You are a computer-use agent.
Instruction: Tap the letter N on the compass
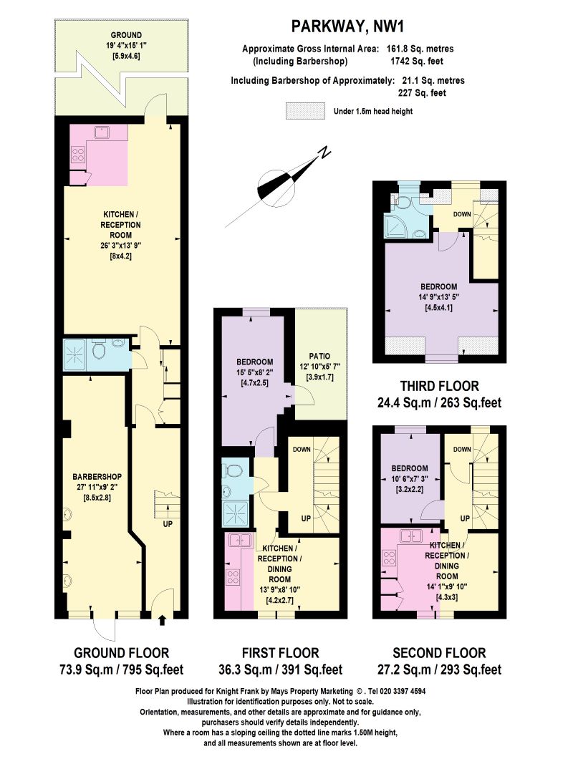[x=323, y=153]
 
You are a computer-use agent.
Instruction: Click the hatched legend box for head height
[x=305, y=110]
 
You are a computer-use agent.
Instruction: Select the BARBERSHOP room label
[x=97, y=477]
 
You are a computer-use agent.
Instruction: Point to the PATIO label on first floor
[x=319, y=356]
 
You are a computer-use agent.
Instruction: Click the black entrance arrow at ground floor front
[x=163, y=619]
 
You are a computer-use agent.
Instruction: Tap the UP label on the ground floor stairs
[x=168, y=524]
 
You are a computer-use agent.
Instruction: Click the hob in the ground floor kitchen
[x=78, y=155]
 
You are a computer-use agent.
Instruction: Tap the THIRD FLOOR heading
[x=440, y=387]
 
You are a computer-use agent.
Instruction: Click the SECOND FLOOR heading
[x=439, y=653]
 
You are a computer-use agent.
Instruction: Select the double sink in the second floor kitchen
[x=410, y=536]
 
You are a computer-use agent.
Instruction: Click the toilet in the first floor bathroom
[x=234, y=470]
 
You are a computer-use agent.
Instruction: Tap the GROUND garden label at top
[x=126, y=35]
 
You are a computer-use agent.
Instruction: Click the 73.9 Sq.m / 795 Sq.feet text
[x=121, y=669]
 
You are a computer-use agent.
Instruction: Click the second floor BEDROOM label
[x=410, y=468]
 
